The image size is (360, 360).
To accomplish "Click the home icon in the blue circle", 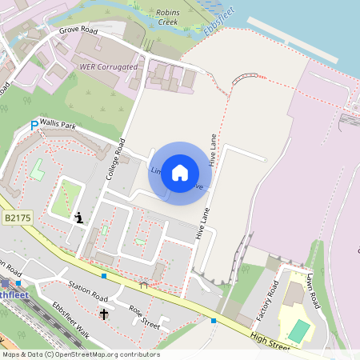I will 180,173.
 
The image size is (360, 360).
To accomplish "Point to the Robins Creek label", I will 168,18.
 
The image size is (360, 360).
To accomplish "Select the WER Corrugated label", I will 108,67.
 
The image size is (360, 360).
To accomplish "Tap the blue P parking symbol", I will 34,126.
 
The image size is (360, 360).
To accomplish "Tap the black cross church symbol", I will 104,314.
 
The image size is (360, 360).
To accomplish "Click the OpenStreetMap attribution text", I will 80,354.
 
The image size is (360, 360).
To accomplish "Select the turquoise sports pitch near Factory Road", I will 298,330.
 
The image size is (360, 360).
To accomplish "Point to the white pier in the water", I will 295,39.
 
